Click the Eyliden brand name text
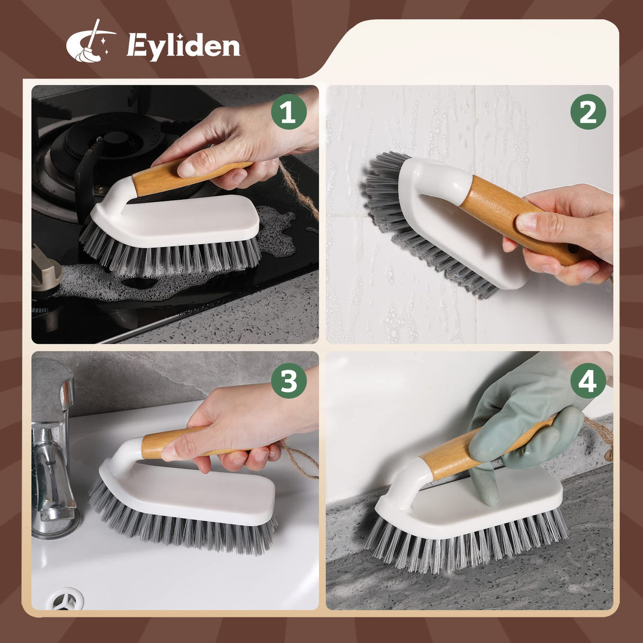tap(183, 47)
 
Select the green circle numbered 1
tap(289, 112)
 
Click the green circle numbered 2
tap(587, 112)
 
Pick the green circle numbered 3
tap(289, 381)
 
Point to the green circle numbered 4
tap(587, 381)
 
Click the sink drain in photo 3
tap(65, 599)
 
